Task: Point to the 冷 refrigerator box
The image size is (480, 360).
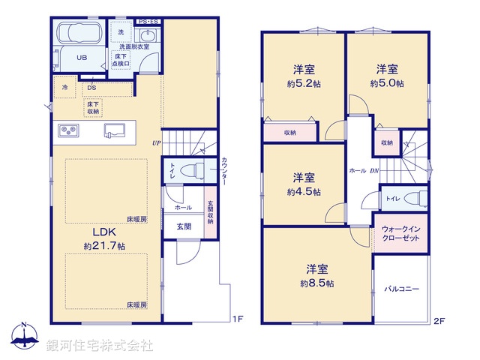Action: pyautogui.click(x=64, y=87)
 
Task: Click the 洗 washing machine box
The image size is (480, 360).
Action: pyautogui.click(x=120, y=32)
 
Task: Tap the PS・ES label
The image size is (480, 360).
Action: pyautogui.click(x=148, y=22)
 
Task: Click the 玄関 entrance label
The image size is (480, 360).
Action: pyautogui.click(x=184, y=225)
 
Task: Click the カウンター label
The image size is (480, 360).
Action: pyautogui.click(x=224, y=173)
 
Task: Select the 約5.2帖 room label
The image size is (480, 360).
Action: pyautogui.click(x=303, y=76)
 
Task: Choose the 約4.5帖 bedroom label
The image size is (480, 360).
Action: pyautogui.click(x=303, y=184)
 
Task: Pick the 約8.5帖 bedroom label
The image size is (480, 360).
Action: pyautogui.click(x=316, y=275)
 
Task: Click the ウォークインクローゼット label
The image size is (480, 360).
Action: pyautogui.click(x=400, y=232)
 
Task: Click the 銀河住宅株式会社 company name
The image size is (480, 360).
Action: pyautogui.click(x=100, y=346)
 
